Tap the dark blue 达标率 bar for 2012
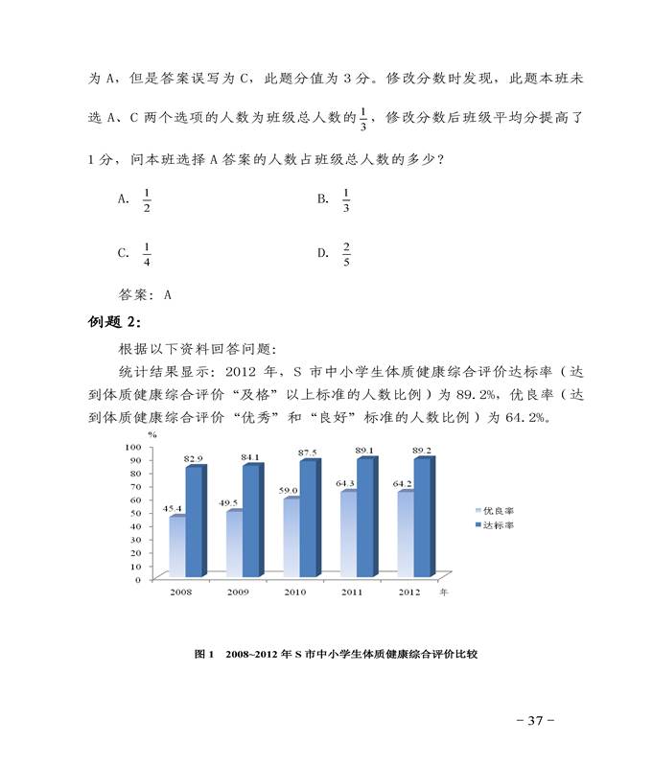[421, 518]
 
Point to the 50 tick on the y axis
[135, 513]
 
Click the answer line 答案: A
[144, 295]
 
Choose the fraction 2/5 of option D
[346, 254]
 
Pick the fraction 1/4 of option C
[146, 254]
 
